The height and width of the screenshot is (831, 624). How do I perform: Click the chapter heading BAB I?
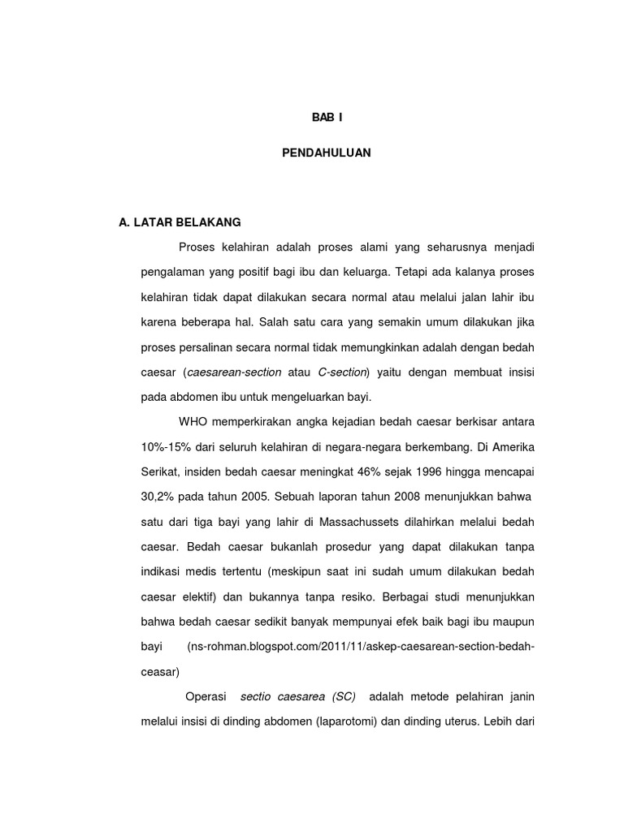tap(327, 118)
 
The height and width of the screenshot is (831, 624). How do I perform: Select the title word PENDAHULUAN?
tap(327, 152)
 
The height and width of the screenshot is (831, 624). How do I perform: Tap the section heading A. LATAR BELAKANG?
tap(180, 222)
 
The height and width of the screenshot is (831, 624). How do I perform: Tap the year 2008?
tap(388, 497)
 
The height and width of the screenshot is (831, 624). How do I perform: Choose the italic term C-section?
tap(343, 372)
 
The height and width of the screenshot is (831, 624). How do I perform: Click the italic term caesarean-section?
tap(234, 372)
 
